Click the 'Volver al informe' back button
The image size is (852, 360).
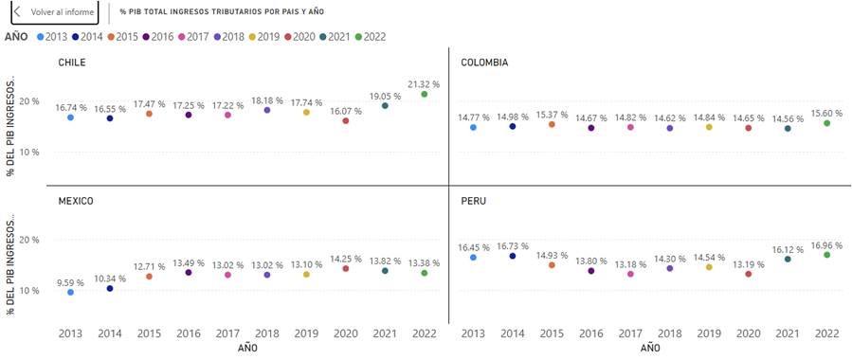[x=54, y=12]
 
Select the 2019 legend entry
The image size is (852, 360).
[x=263, y=37]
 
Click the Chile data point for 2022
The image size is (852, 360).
[x=425, y=94]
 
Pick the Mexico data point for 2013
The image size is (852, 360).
[x=71, y=292]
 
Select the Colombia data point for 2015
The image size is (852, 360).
[x=553, y=124]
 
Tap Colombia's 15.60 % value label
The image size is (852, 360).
[x=826, y=113]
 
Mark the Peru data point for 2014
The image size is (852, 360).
[x=513, y=256]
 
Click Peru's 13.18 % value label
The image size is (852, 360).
[x=630, y=264]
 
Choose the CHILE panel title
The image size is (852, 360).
[x=72, y=63]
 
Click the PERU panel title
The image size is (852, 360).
[x=473, y=201]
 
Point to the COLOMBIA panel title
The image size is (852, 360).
[x=484, y=63]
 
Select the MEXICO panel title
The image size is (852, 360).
[x=76, y=201]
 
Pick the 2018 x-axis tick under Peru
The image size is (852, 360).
[x=669, y=333]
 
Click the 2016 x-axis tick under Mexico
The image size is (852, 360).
[x=189, y=333]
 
